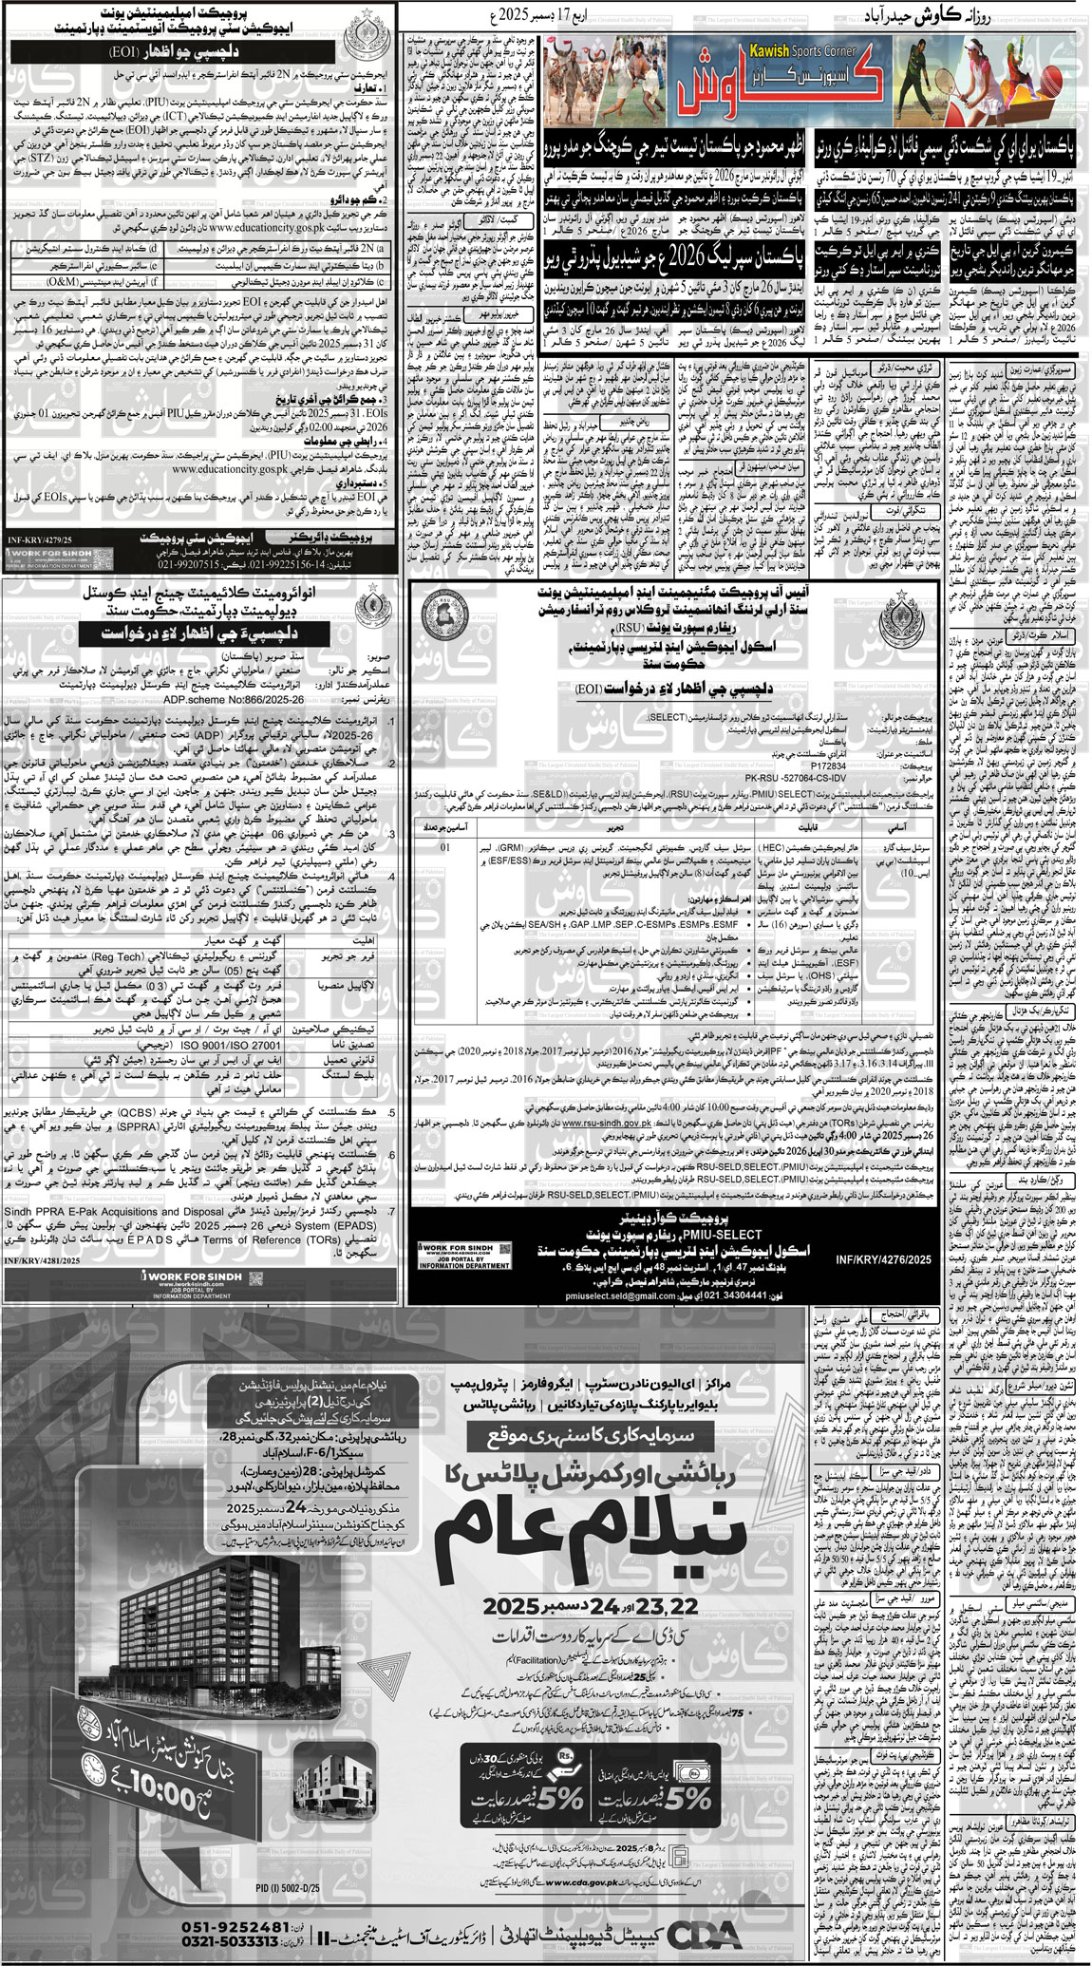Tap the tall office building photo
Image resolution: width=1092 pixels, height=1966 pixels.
(190, 1615)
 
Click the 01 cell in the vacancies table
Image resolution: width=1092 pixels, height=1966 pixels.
(446, 845)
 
